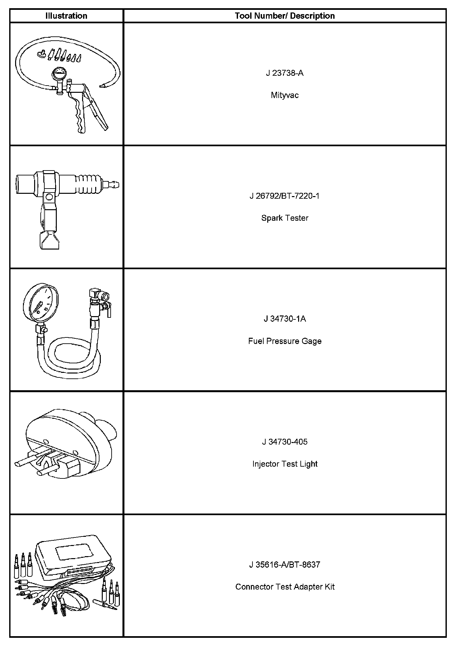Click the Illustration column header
[x=66, y=16]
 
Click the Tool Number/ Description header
[x=285, y=16]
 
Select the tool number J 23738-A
[x=285, y=73]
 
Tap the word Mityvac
[x=285, y=95]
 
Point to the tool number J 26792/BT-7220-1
[x=285, y=196]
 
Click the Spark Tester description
[x=285, y=218]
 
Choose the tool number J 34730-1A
[x=285, y=319]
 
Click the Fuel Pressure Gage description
[x=285, y=341]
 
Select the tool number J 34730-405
[x=285, y=442]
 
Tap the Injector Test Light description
[x=285, y=464]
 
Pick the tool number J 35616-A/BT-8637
[x=285, y=565]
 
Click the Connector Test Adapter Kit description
[x=285, y=587]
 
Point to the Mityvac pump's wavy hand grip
[x=79, y=115]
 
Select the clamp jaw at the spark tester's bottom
[x=50, y=240]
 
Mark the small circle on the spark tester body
[x=49, y=197]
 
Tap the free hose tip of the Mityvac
[x=102, y=86]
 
